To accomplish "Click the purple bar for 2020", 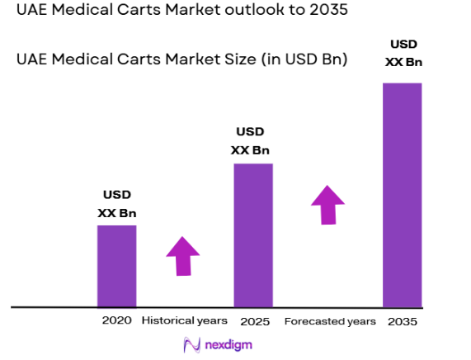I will click(116, 265).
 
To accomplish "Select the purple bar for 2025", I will click(252, 234).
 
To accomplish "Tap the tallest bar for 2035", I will click(402, 194).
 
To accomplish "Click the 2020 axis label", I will click(116, 320).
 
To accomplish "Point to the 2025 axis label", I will click(253, 320).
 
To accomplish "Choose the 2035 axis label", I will click(402, 320).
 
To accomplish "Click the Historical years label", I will click(184, 320).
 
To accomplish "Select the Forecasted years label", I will click(330, 320).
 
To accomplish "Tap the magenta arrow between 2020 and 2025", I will click(183, 255).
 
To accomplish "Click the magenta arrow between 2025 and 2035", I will click(328, 204).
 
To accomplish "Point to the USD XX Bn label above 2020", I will click(116, 204).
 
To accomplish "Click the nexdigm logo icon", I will click(191, 344).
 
